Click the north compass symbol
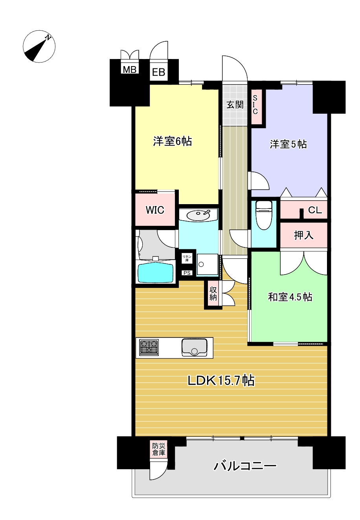tap(39, 46)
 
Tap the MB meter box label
tap(129, 69)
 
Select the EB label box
tap(158, 72)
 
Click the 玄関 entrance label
tap(235, 105)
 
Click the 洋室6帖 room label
tap(173, 141)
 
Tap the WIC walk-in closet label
tap(155, 210)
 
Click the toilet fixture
tap(264, 215)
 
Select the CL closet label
tap(315, 210)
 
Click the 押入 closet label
tap(304, 235)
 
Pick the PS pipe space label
tap(187, 273)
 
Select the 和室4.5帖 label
tap(290, 297)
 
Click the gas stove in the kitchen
tap(149, 347)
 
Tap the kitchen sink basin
tap(195, 347)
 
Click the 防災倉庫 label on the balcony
tap(159, 449)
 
